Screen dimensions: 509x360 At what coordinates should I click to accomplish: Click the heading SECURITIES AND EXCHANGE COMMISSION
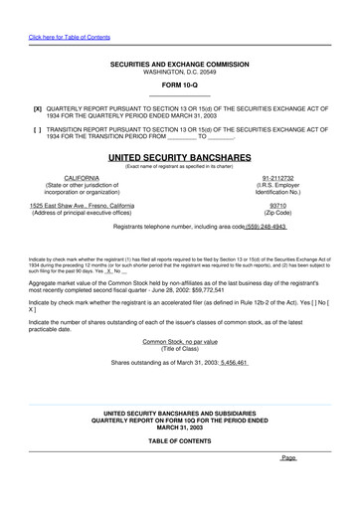(x=180, y=65)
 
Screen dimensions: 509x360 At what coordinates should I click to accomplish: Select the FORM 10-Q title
(x=180, y=85)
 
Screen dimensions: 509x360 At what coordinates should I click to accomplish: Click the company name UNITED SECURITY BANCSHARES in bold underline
(x=180, y=157)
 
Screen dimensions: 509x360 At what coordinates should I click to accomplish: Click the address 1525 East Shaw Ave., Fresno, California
(x=82, y=205)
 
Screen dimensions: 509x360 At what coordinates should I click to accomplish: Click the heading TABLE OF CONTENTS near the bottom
(x=180, y=439)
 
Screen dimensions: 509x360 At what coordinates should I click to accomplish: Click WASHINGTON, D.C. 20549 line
(x=180, y=72)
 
